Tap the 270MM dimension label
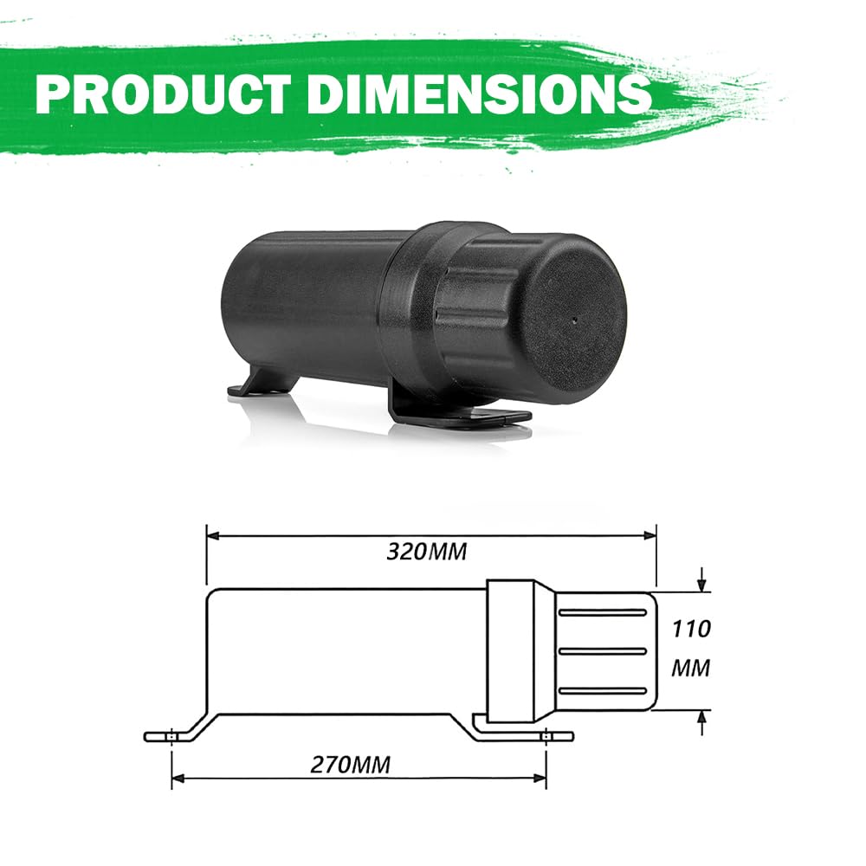[x=351, y=765]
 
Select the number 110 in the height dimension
[x=691, y=628]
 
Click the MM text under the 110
[x=691, y=669]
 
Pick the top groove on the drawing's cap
[x=602, y=612]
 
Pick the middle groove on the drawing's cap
[x=602, y=651]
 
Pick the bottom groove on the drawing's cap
[x=602, y=690]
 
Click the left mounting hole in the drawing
[x=172, y=737]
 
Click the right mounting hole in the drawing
[x=546, y=737]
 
